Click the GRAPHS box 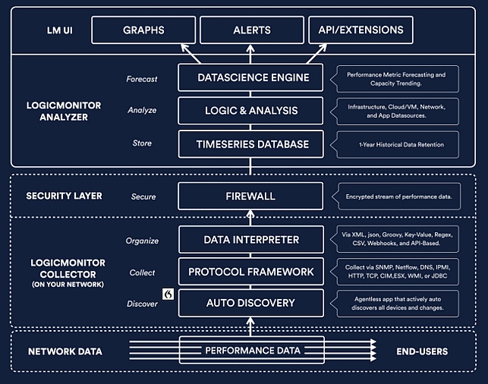pos(143,30)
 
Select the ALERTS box pos(252,30)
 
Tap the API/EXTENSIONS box pos(360,30)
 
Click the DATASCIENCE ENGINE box pos(250,77)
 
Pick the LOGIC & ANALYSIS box pos(250,111)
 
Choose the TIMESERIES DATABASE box pos(251,144)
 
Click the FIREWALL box pos(250,196)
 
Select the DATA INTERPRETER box pos(251,240)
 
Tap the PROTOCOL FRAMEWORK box pos(251,272)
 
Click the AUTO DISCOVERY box pos(251,303)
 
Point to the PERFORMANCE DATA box pos(252,350)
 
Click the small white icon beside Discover pos(168,294)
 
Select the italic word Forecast pos(142,79)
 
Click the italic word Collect pos(142,272)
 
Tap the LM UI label pos(60,30)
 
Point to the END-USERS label pos(422,351)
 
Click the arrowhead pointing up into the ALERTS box pos(250,49)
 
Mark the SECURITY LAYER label pos(64,196)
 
